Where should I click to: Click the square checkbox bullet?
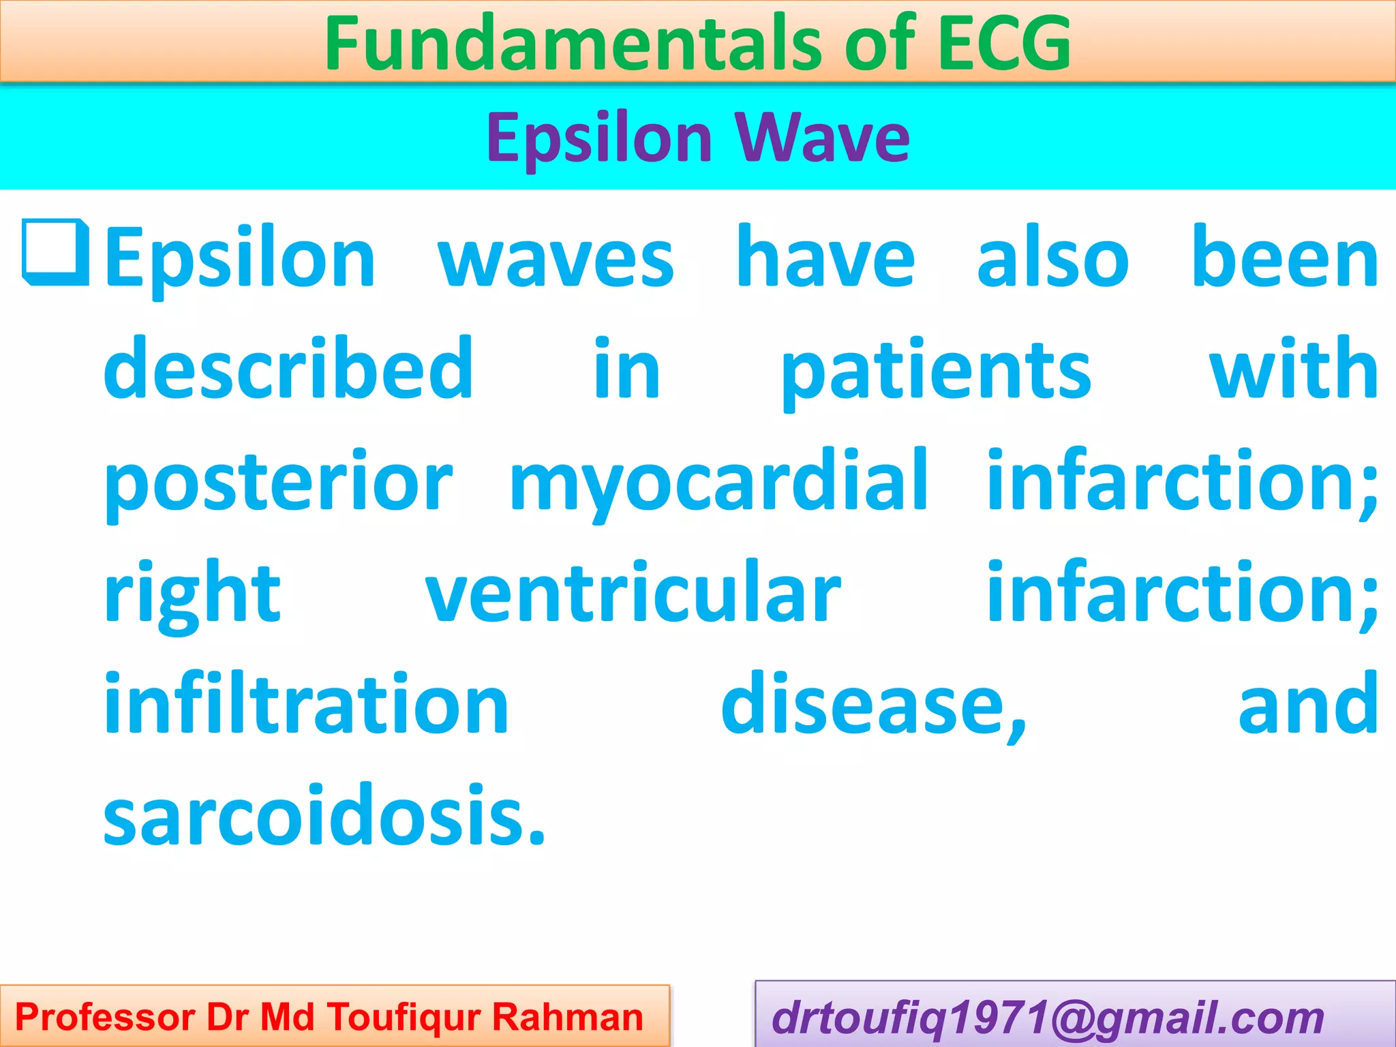[x=55, y=252]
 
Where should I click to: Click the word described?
[x=288, y=369]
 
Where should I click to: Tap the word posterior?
[x=278, y=483]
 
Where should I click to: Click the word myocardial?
[x=718, y=483]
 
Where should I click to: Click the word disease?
[x=873, y=705]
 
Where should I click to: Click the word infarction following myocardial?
[x=1181, y=481]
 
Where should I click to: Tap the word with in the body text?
[x=1293, y=369]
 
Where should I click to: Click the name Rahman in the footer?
[x=567, y=1017]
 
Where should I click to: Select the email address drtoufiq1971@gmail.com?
[x=1047, y=1018]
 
